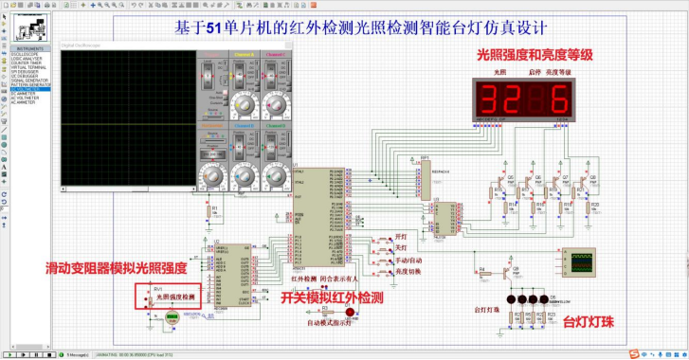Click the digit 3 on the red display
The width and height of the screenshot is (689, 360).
495,99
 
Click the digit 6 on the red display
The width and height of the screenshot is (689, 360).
559,99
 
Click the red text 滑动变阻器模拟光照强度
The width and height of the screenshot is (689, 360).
116,269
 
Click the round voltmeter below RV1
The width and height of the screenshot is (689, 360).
172,318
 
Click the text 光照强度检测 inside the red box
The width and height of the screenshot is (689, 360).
174,297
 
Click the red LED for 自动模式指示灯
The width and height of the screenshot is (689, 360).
350,312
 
